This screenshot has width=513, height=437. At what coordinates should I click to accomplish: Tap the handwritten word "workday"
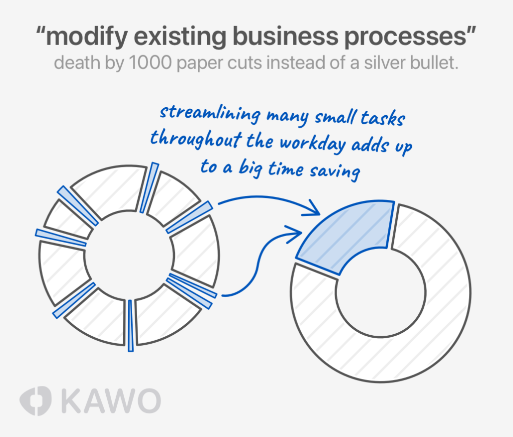[310, 142]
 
